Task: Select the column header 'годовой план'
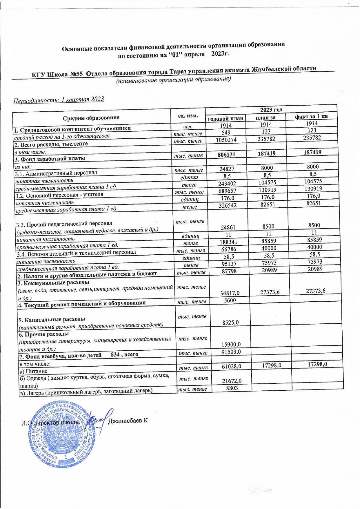pos(225,118)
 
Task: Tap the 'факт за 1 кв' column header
pos(311,117)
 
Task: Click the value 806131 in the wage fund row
pos(226,154)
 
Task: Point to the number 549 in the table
pos(226,132)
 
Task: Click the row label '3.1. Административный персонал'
pos(56,173)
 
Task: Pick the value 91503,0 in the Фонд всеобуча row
pos(231,352)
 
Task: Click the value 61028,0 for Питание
pos(231,367)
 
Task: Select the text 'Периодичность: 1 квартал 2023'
pos(59,99)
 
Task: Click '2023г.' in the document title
pos(220,54)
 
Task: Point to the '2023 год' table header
pos(271,110)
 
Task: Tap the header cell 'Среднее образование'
pos(91,117)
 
